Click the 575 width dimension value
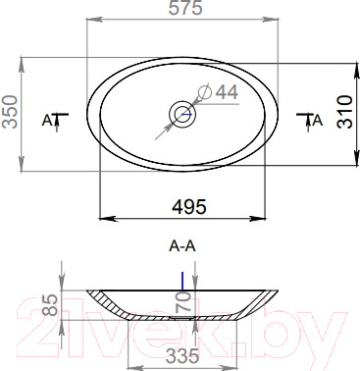(185, 8)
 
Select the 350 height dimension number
(10, 112)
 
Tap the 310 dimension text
(345, 112)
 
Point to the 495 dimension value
(189, 206)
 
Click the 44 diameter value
(228, 92)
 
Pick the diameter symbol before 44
(205, 91)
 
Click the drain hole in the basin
(182, 114)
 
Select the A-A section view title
(182, 246)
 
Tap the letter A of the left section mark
(47, 121)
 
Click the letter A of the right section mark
(318, 121)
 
